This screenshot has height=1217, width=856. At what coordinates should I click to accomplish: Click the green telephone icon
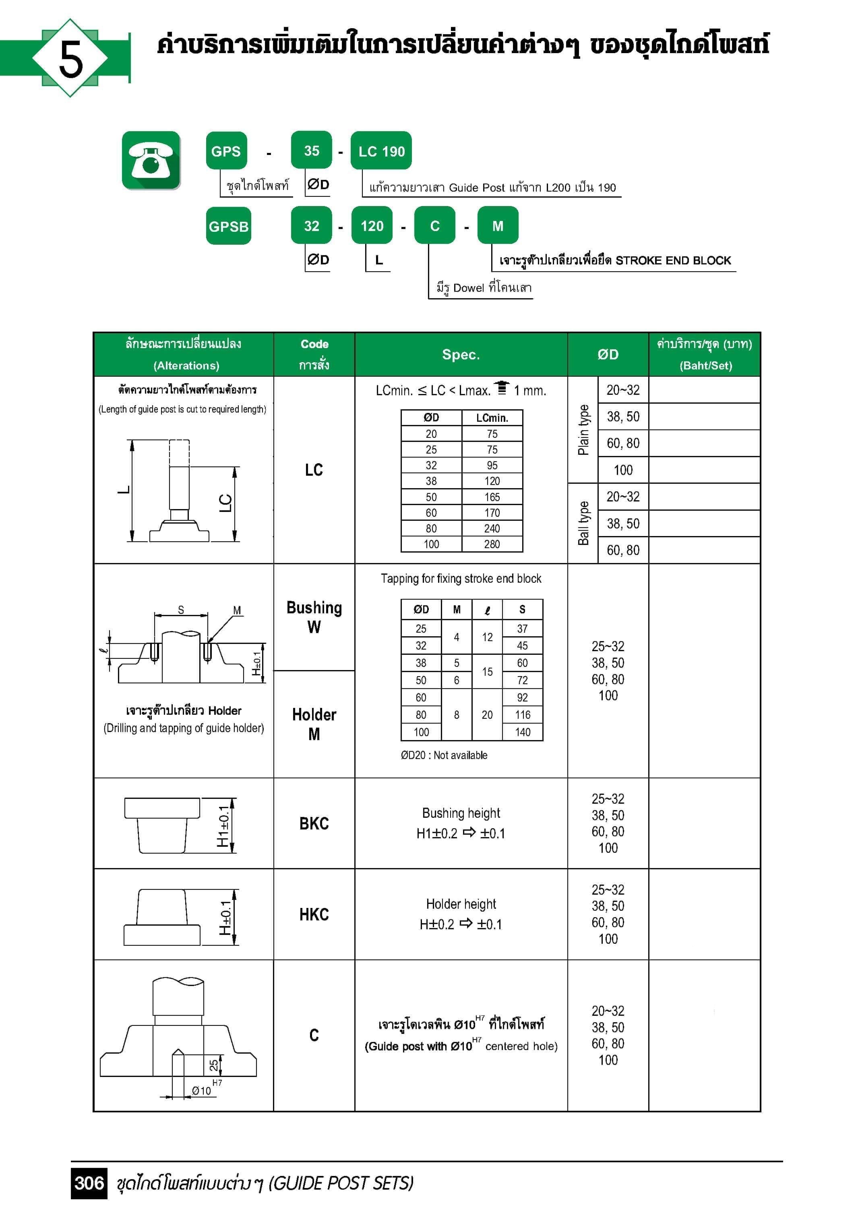coord(151,160)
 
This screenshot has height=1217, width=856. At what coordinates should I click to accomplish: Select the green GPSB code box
coord(229,226)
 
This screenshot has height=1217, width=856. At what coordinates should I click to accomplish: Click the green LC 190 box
coord(381,151)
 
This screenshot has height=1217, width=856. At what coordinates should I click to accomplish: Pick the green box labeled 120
coord(372,226)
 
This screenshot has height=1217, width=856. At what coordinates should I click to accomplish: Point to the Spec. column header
coord(461,355)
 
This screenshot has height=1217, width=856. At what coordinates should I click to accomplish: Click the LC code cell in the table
coord(314,470)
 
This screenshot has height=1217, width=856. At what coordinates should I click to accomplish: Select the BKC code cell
coord(314,823)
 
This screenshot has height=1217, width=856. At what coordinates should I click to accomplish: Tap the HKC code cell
coord(314,914)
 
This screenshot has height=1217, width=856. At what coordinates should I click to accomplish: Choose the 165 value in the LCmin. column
coord(492,497)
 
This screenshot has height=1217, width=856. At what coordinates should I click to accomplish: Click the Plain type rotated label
coord(583,430)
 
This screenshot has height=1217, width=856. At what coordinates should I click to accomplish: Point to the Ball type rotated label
coord(583,523)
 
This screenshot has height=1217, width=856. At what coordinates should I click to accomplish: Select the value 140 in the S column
coord(522,732)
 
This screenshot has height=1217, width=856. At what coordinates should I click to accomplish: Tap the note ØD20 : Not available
coord(444,755)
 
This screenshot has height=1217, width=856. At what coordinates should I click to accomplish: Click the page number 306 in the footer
coord(89,1183)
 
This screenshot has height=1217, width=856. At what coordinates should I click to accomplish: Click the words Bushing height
coord(461,813)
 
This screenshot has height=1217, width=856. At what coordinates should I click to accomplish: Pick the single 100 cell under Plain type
coord(623,470)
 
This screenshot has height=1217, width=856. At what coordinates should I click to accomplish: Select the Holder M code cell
coord(314,724)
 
